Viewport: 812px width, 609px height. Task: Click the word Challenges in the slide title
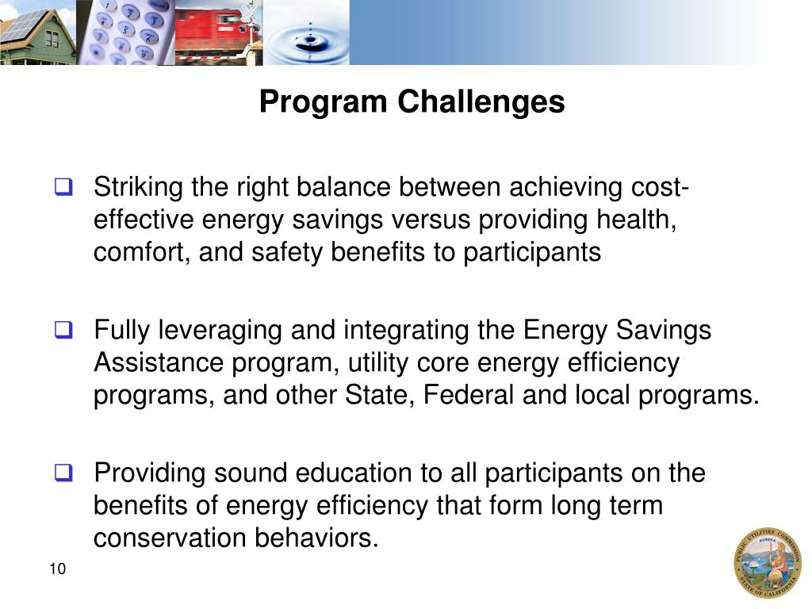pyautogui.click(x=481, y=102)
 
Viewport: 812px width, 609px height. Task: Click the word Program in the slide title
pyautogui.click(x=324, y=102)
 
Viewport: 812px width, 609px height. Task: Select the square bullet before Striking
pyautogui.click(x=63, y=189)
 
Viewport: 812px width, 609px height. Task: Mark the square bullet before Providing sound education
pyautogui.click(x=63, y=473)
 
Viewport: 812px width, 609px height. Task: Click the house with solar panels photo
pyautogui.click(x=38, y=33)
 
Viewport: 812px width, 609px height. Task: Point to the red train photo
pyautogui.click(x=218, y=33)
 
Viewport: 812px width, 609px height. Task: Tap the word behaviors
pyautogui.click(x=316, y=538)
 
